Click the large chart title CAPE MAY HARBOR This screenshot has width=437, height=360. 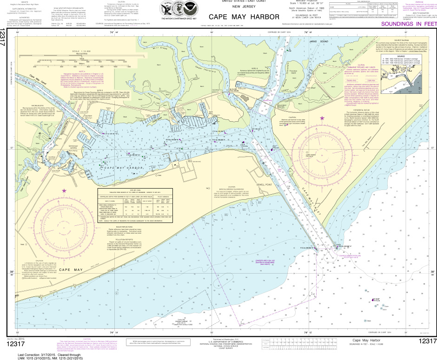click(245, 17)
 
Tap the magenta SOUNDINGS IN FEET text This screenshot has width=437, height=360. click(408, 24)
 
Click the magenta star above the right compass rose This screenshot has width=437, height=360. click(309, 118)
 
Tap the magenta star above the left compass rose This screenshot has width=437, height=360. click(65, 190)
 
